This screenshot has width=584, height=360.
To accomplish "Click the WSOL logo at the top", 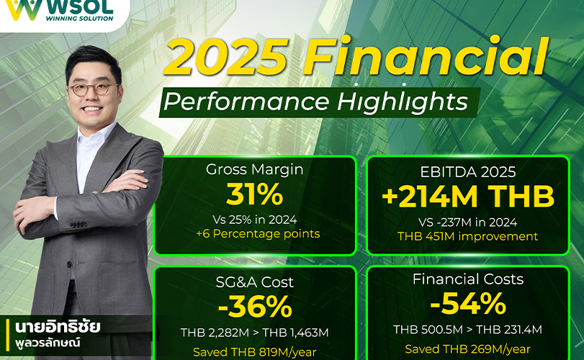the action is coord(60,9).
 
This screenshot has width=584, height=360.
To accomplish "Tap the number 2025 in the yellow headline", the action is coord(226,57).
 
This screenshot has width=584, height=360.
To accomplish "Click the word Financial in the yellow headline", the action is coord(426,56).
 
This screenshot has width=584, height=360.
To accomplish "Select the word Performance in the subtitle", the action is coord(246,102).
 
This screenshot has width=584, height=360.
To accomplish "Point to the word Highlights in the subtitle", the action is coord(403,102).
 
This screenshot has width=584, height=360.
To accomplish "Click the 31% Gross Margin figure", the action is coord(255,194).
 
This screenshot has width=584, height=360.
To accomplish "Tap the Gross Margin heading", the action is coord(255,170).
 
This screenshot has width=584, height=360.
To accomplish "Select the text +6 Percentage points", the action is coord(258,234).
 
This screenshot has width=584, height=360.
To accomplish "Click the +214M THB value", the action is coord(468,196).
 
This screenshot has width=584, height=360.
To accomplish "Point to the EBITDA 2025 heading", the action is coord(468,172).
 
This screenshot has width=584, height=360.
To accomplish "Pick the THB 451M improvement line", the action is coord(468,236).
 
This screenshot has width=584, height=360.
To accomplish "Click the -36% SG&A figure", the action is coord(255,307).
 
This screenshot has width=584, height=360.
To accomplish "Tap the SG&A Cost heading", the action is coord(255,282).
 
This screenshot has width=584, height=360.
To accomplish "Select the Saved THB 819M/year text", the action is coord(255,352).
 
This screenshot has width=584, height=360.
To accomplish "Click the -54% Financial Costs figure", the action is coord(468,304).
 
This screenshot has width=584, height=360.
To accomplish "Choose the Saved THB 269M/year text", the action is coord(468,349).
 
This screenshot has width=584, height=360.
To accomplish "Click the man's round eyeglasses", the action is coord(94,89).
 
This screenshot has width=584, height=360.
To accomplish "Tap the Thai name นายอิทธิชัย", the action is coord(58,327).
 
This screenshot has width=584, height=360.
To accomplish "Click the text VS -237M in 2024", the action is coord(468,222).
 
